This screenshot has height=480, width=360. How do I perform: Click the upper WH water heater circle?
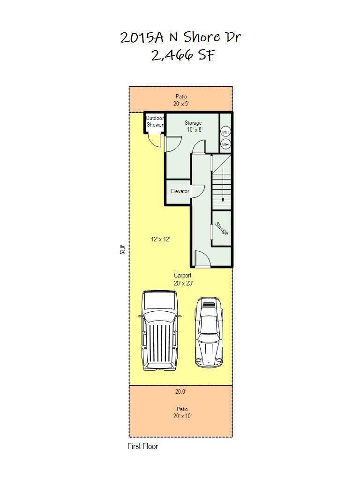(225, 132)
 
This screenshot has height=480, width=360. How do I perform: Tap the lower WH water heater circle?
(225, 144)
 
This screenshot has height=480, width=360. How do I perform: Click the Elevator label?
(180, 191)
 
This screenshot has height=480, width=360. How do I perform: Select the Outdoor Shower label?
(155, 121)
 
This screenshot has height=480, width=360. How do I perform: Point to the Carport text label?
(183, 275)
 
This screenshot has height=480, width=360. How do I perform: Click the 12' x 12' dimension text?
(160, 239)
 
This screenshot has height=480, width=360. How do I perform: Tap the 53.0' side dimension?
(123, 249)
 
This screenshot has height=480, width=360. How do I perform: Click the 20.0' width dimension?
(180, 391)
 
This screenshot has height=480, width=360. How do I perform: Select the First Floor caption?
(142, 446)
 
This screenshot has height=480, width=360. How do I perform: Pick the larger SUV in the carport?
(159, 330)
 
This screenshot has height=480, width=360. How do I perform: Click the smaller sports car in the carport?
(209, 332)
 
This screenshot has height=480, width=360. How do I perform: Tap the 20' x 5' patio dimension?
(181, 104)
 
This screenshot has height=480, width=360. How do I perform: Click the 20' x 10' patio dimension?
(182, 416)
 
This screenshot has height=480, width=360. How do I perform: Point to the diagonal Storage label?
(222, 228)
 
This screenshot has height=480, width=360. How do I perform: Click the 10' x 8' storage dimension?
(195, 129)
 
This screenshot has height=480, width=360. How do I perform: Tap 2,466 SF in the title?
(183, 55)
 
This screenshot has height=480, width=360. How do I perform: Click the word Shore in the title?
(202, 37)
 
